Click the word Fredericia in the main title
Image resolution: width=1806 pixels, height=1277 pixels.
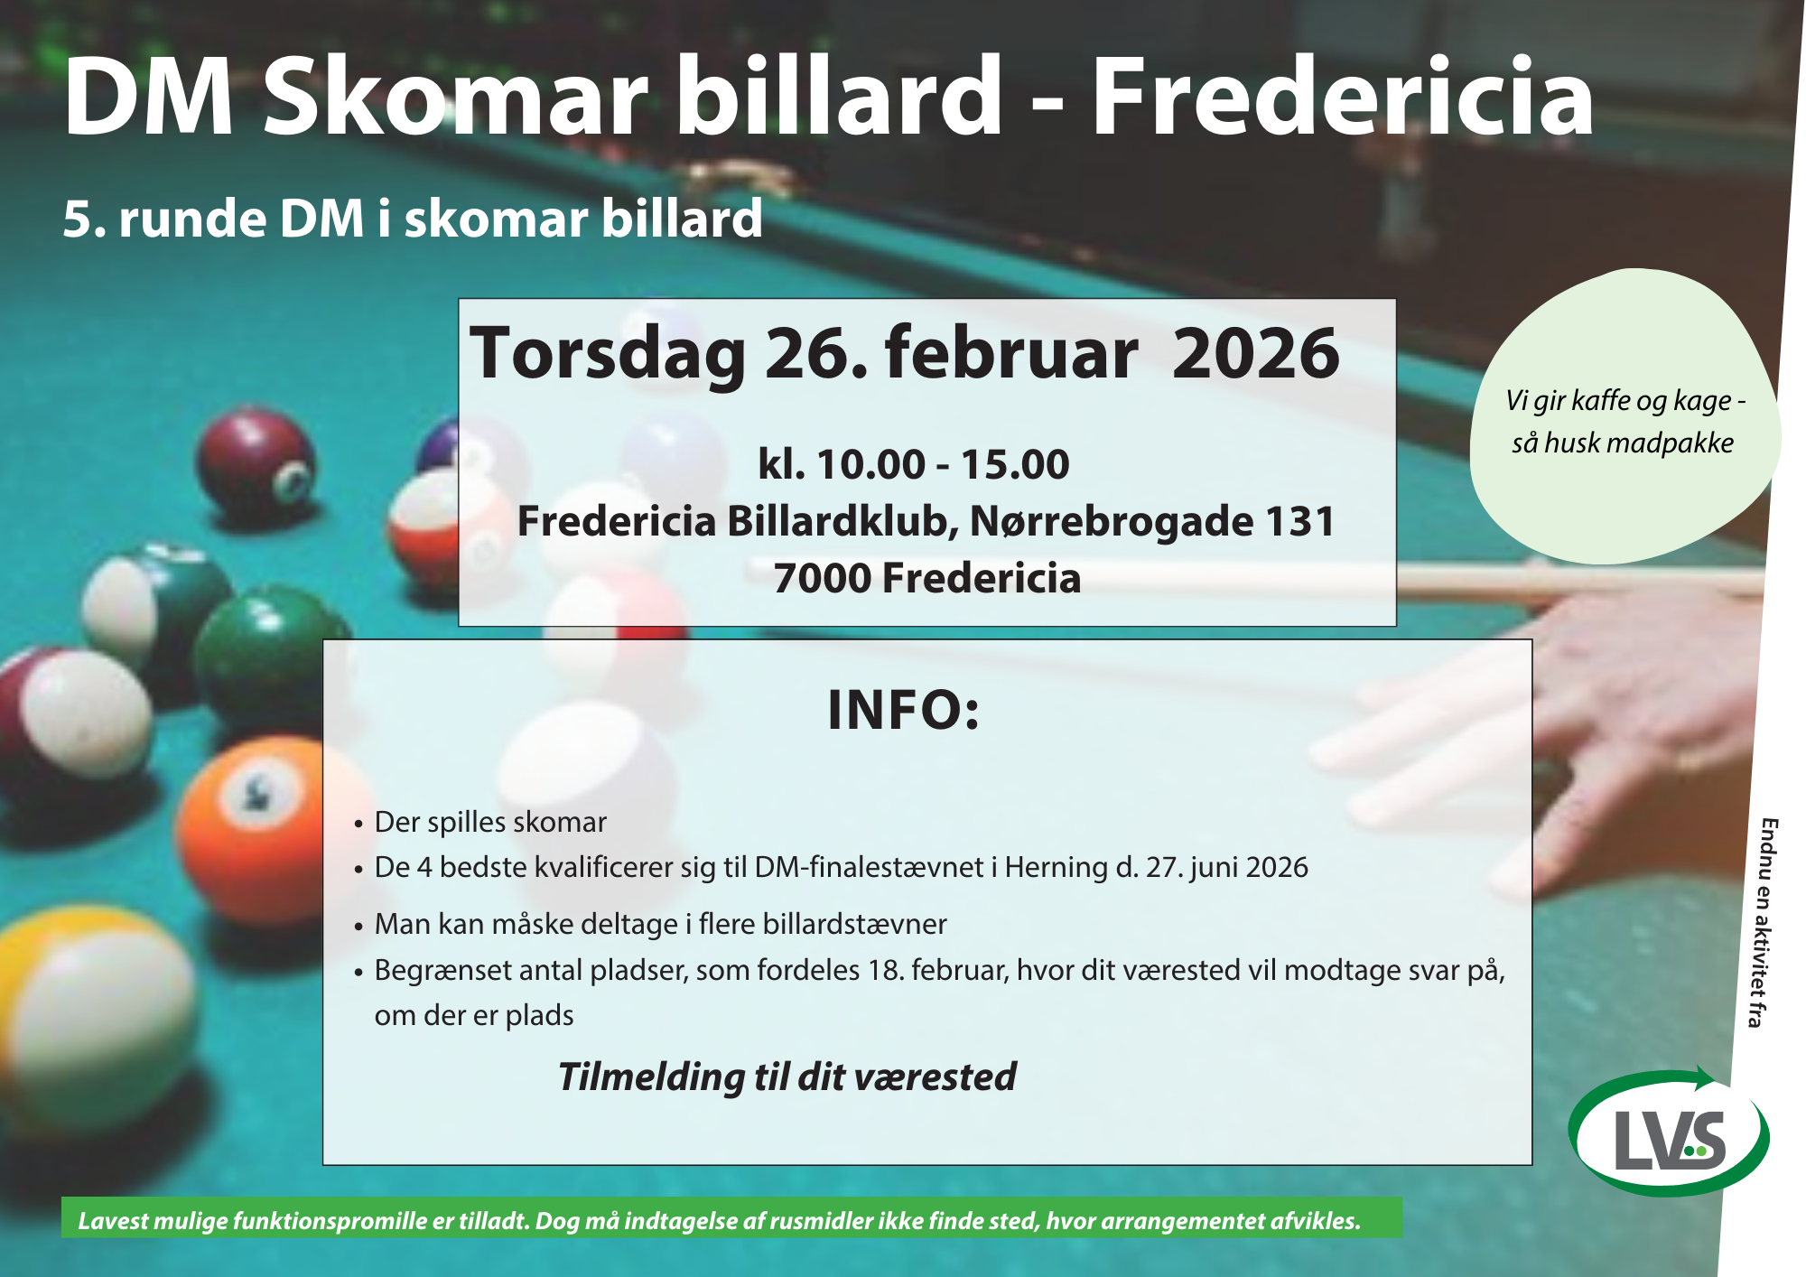point(1342,97)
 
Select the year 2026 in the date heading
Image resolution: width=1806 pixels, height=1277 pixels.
point(1255,353)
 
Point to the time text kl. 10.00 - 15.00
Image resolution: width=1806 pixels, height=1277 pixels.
point(914,464)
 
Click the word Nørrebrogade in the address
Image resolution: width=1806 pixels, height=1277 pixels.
point(1112,522)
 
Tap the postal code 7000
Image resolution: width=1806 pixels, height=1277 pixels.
point(822,578)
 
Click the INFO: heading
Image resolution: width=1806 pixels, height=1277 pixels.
point(904,710)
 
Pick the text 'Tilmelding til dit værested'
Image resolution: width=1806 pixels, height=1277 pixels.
point(787,1077)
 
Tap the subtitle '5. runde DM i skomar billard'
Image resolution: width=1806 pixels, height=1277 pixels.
point(413,219)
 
